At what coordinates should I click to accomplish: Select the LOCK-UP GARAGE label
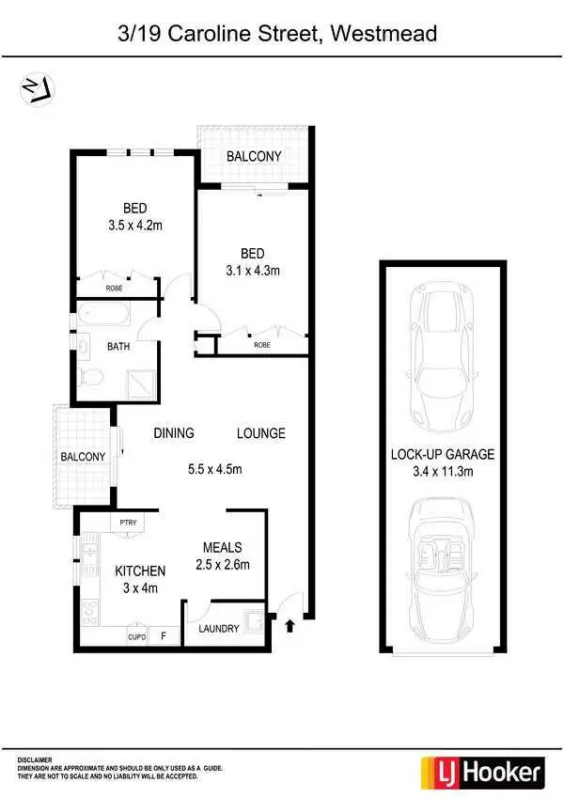443,454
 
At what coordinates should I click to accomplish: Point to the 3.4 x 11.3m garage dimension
443,472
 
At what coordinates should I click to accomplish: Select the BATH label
118,347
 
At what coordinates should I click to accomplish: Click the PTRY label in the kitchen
126,523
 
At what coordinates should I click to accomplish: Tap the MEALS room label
223,547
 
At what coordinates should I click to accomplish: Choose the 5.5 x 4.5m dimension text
216,470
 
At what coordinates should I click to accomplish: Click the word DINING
174,433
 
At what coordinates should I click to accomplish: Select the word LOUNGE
260,433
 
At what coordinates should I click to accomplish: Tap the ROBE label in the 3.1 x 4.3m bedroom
262,345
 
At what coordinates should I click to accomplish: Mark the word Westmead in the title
385,34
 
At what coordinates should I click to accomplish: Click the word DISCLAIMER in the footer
35,759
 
